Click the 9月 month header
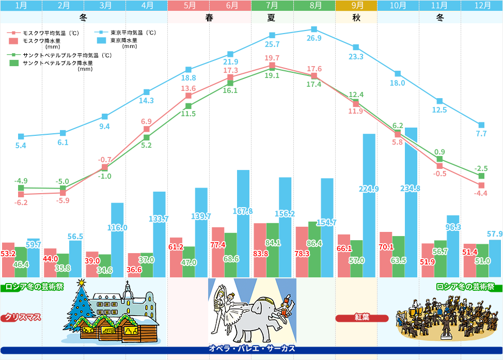356,6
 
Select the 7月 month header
272,6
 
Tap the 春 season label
209,18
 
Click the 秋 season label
356,18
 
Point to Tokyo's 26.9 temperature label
314,39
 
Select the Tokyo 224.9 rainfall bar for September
369,207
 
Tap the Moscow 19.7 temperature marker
272,66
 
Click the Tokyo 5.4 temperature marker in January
21,136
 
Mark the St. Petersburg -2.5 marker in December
481,176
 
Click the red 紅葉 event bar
361,318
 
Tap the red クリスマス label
23,317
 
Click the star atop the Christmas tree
81,283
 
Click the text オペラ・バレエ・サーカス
251,349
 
